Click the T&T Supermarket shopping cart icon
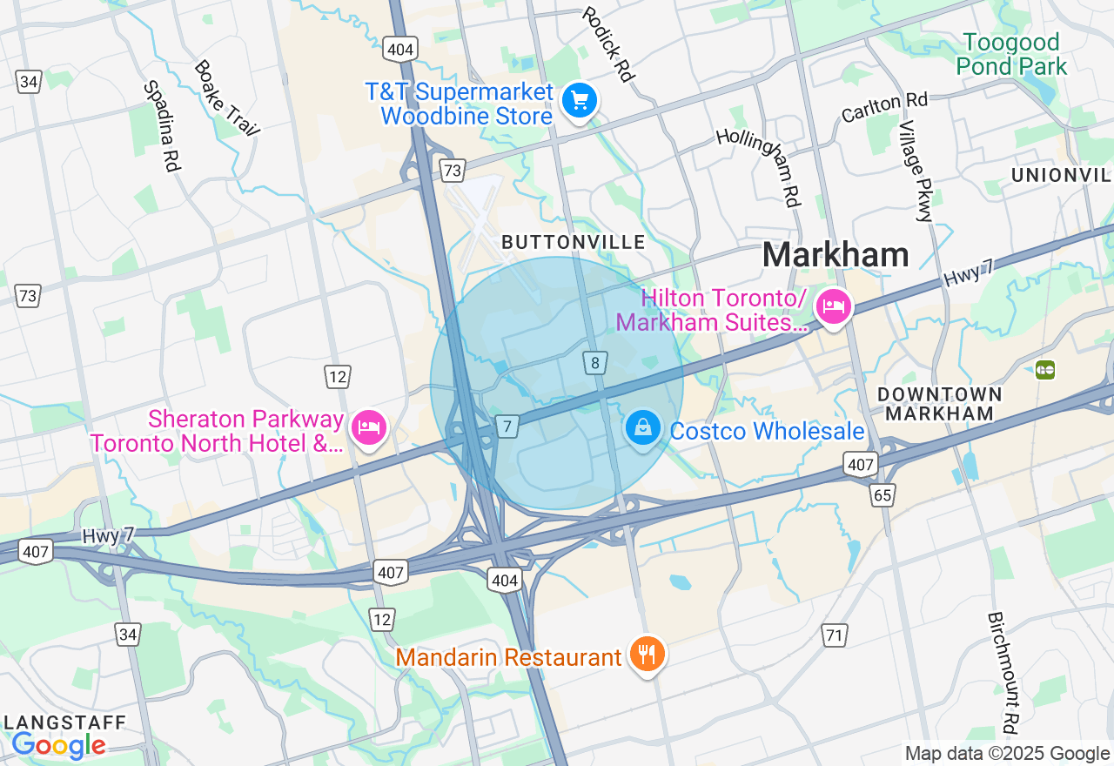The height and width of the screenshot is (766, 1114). (579, 102)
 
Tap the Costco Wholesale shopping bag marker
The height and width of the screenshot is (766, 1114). (642, 428)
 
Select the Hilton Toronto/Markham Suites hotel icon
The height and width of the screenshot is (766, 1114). (834, 307)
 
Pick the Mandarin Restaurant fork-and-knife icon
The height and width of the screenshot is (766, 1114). (646, 655)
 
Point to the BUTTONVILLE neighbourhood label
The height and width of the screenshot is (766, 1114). (574, 242)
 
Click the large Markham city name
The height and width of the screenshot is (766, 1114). (835, 255)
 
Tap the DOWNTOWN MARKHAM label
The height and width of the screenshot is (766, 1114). (940, 404)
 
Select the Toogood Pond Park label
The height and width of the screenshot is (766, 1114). (1011, 54)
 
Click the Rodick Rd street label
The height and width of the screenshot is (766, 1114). (607, 44)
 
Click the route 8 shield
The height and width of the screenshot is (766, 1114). (595, 363)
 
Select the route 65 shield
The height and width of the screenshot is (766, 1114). (882, 495)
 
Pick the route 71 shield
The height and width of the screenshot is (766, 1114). (835, 635)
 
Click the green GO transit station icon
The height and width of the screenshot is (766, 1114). (1044, 369)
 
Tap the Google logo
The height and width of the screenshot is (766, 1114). (58, 746)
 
